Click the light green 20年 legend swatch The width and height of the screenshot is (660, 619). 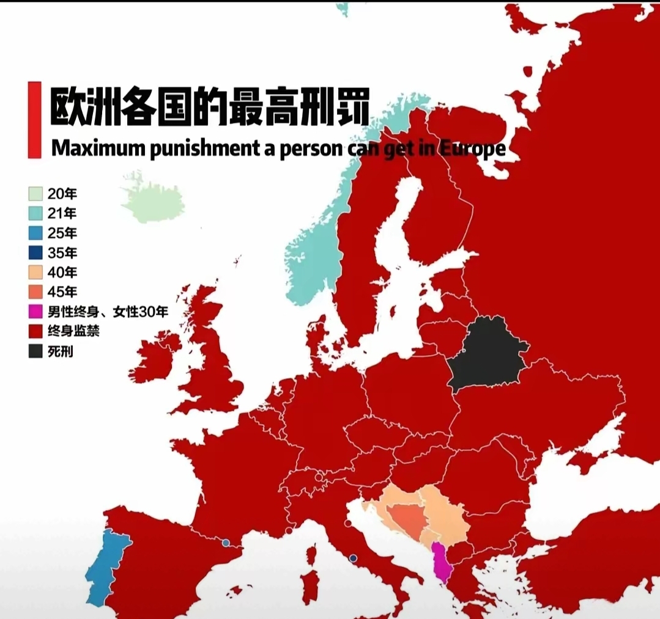click(x=36, y=194)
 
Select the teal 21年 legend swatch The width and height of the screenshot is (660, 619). click(x=36, y=214)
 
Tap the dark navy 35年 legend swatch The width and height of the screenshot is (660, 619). click(x=36, y=253)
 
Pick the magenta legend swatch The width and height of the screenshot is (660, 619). click(x=36, y=312)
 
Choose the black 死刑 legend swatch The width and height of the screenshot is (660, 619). click(x=36, y=351)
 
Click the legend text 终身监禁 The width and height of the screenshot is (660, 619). click(x=73, y=332)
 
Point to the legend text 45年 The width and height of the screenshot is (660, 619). click(x=62, y=292)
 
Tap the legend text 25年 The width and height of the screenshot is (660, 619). click(x=62, y=233)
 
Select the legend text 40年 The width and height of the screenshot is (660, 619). click(x=62, y=273)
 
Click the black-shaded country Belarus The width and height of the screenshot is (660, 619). click(x=486, y=354)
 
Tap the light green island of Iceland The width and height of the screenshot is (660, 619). click(x=153, y=202)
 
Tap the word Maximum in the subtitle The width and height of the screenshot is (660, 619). click(x=98, y=148)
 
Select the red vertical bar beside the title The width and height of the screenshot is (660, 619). click(x=35, y=120)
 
